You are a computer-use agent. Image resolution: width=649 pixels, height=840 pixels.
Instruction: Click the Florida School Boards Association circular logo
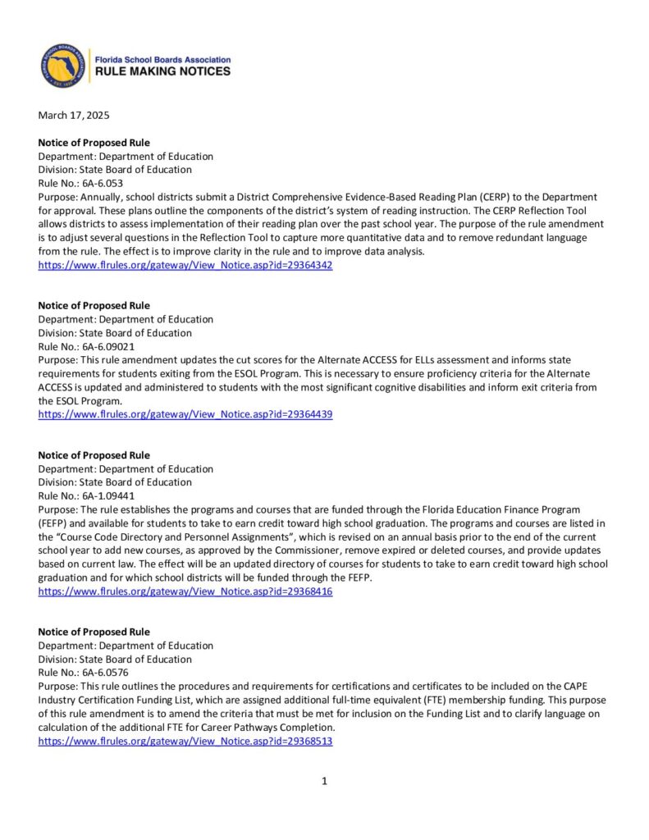pos(64,66)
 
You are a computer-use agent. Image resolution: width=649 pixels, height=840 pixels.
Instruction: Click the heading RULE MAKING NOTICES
pos(163,72)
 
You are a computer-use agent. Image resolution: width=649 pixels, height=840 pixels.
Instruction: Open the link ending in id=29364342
pos(185,266)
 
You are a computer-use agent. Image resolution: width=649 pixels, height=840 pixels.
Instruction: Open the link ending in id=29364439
pos(185,415)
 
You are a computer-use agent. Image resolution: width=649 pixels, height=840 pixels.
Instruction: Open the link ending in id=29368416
pos(185,591)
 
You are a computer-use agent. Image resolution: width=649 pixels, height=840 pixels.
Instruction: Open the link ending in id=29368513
pos(185,741)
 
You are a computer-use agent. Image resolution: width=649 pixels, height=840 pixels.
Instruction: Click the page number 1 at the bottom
pos(325,781)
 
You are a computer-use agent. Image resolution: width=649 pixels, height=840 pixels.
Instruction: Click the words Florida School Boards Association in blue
pos(163,60)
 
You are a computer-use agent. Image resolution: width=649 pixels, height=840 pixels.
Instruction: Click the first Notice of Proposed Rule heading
pos(94,143)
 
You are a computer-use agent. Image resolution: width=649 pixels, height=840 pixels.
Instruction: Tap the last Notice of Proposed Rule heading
pos(94,632)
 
